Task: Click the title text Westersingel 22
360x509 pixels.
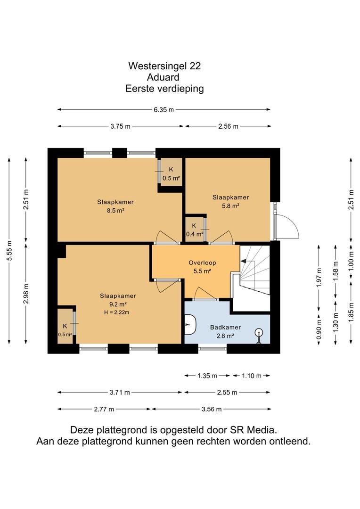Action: (x=164, y=66)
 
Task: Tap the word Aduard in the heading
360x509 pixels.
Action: (x=163, y=77)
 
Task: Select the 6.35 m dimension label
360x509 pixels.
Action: (x=164, y=110)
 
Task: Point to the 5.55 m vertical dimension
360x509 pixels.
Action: (x=10, y=250)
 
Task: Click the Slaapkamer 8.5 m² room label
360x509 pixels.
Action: (x=115, y=206)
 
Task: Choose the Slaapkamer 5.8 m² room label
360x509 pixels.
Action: (x=230, y=201)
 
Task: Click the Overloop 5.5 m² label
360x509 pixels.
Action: (x=202, y=267)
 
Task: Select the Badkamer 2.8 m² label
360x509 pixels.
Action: (x=225, y=331)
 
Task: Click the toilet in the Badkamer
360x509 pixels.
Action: (x=190, y=324)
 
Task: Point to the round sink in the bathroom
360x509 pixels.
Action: (x=259, y=334)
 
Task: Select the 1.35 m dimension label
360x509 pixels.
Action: (x=207, y=376)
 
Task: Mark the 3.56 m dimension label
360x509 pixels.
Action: (x=211, y=410)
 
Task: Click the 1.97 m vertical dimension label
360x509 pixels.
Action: (x=319, y=278)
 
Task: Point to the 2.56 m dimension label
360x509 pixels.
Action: (x=228, y=127)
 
